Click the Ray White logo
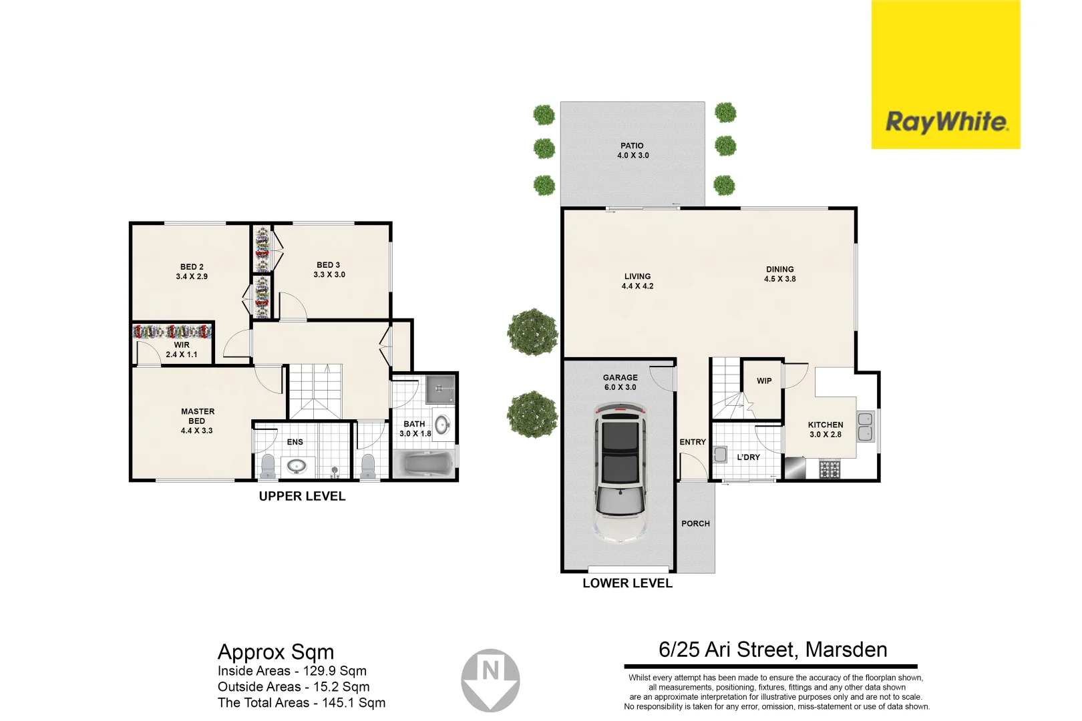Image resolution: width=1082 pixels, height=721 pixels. point(945,122)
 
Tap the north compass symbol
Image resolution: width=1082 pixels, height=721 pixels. point(490,679)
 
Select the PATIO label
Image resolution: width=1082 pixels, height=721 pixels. point(632,146)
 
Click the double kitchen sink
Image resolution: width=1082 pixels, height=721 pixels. point(865,427)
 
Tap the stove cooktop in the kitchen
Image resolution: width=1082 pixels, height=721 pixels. point(830,469)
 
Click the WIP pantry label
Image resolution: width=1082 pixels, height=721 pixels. point(764,381)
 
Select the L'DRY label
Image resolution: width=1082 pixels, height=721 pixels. point(748,457)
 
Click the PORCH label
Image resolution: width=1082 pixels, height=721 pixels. point(695,523)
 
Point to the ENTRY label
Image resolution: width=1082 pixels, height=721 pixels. point(693,442)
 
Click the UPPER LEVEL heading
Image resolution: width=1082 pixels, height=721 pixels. point(302,496)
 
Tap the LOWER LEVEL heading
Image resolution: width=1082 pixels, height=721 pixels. point(627,583)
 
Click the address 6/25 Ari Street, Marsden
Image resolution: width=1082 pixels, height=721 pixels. point(773,650)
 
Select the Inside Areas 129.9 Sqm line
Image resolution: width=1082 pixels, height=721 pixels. point(292,671)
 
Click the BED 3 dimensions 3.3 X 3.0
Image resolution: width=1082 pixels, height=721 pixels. point(329,274)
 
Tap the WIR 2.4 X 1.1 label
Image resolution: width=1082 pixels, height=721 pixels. point(182,350)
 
